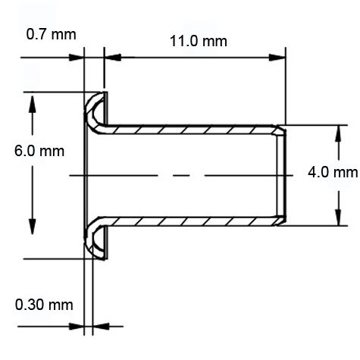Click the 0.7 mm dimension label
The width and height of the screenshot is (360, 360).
(50, 34)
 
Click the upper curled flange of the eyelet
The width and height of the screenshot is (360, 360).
(95, 108)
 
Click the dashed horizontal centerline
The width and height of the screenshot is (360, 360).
(182, 176)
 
